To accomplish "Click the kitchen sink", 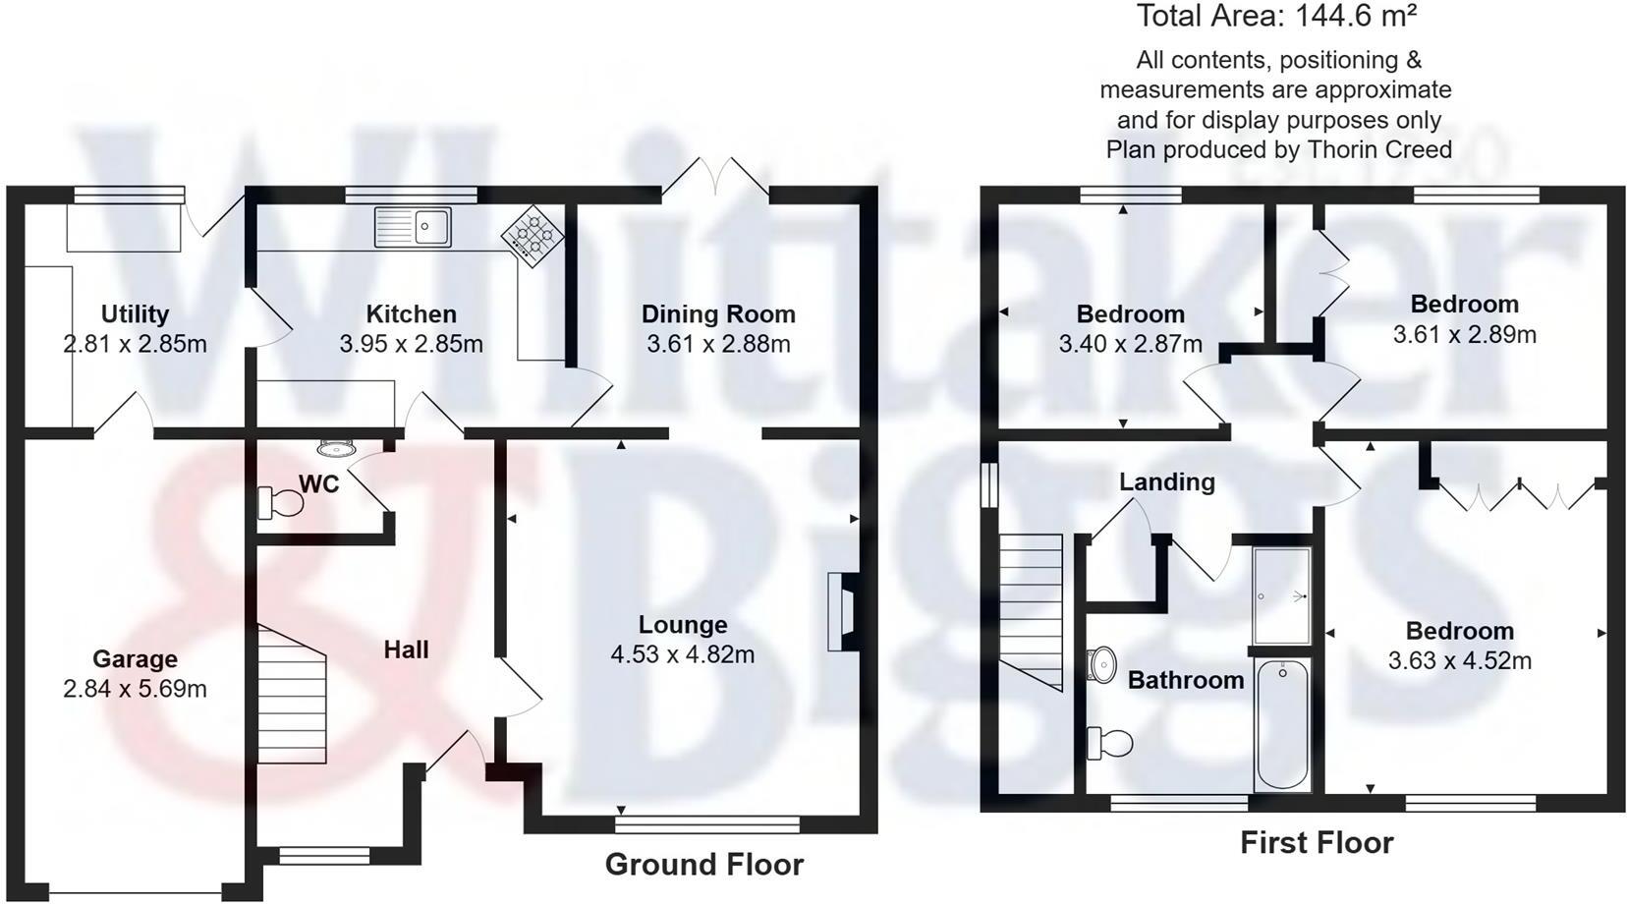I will click(x=413, y=226).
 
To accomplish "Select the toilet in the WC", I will click(x=280, y=503).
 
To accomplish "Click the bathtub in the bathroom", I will click(x=1282, y=724).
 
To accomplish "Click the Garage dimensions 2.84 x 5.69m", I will click(x=135, y=689).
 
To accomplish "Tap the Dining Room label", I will click(x=718, y=314).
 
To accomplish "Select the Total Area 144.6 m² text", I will click(x=1276, y=17).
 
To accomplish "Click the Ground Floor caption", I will click(x=703, y=865).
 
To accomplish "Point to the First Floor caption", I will click(x=1316, y=843).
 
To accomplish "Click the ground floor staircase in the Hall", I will click(x=292, y=696).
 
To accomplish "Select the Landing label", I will click(x=1166, y=482).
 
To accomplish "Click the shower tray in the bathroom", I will click(x=1282, y=595).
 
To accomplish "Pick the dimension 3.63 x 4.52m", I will click(x=1459, y=661).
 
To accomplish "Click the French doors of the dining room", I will click(x=715, y=177).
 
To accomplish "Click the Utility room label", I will click(x=135, y=314).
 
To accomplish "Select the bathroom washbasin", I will click(x=1103, y=664).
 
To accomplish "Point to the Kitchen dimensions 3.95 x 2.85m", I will click(x=411, y=344).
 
